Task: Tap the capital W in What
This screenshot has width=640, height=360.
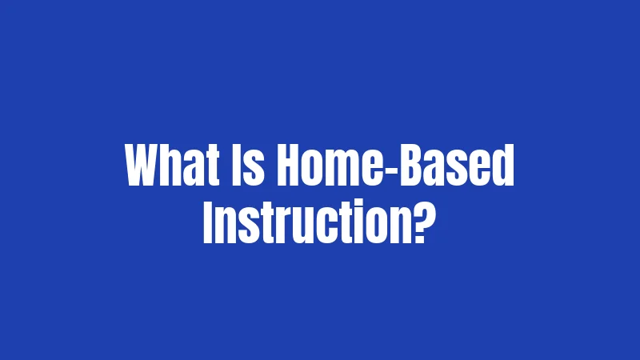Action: tap(143, 165)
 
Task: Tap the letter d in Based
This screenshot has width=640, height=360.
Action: tap(503, 165)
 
